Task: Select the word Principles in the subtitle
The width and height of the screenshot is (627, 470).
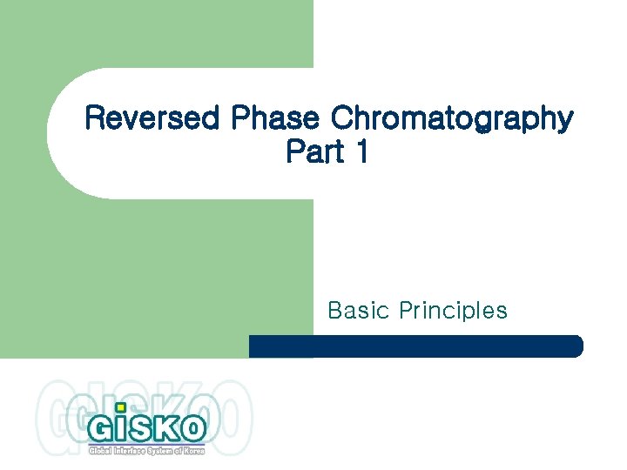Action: (453, 311)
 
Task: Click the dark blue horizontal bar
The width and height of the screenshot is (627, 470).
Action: (415, 346)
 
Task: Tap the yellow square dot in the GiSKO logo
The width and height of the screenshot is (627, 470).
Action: (121, 406)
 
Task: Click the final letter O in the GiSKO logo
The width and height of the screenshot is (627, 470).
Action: (193, 427)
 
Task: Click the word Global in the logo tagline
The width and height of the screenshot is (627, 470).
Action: (102, 449)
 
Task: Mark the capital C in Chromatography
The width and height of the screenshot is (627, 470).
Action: (342, 118)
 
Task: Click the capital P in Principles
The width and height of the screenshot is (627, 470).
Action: (406, 310)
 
